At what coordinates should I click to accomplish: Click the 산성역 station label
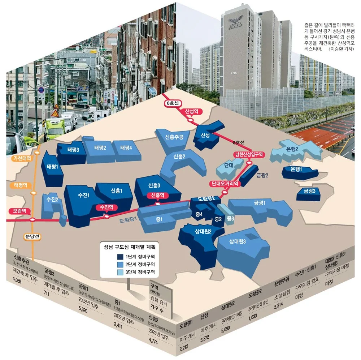click(191, 111)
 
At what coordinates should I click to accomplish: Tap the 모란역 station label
click(19, 211)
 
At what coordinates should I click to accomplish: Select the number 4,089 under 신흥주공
click(17, 280)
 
